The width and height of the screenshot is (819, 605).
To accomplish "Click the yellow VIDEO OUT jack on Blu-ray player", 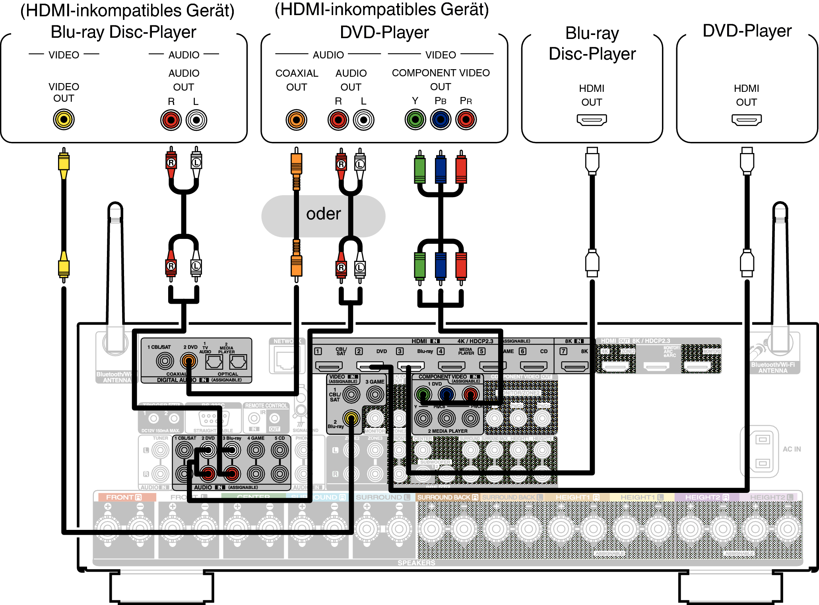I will pos(64,119).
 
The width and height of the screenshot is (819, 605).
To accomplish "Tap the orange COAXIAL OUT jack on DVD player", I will pos(296,120).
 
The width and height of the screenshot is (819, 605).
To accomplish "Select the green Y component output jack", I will pos(415,119).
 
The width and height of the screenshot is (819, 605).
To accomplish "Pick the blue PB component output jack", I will pos(441,119).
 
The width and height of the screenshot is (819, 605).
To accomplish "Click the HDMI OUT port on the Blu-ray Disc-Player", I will pos(592,120).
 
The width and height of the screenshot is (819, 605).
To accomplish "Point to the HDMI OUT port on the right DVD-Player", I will pos(746,120).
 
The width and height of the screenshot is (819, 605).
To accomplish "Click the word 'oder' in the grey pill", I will pos(323,214).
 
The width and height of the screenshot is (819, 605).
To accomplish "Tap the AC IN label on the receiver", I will pos(792,449).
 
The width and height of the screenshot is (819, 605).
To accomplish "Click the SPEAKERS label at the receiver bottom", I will pos(416,563).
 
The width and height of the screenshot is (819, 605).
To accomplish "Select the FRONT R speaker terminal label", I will pos(124,497).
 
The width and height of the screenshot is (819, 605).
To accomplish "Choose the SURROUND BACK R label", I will pos(447,497).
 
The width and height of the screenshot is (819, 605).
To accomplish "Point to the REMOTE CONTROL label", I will pos(266,406).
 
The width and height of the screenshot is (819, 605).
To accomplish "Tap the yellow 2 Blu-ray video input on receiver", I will pos(351,418).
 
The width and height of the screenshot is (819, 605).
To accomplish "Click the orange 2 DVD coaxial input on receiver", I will pos(189,361).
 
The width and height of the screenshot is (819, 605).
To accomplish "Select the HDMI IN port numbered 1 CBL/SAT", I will pos(329,366).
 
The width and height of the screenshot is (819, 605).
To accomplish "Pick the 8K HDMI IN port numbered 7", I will pos(574,366).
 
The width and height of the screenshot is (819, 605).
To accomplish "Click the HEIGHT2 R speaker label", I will pos(706,497).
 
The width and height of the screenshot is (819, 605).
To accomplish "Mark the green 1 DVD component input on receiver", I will pos(423,394).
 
